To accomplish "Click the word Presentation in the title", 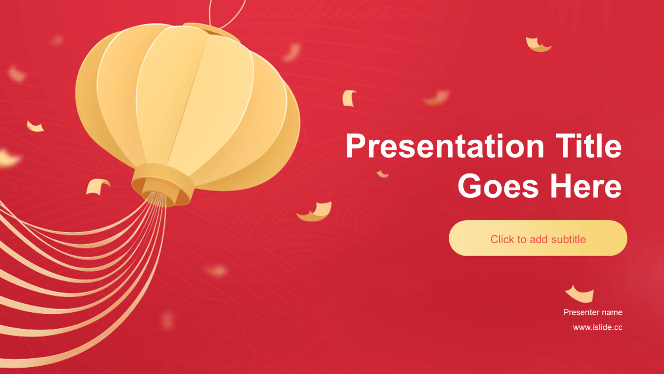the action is [x=445, y=146].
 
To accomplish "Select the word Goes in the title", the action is [x=497, y=186].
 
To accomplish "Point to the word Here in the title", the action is [x=586, y=186].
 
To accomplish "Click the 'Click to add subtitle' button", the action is [x=538, y=238].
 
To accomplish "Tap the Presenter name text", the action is [x=592, y=312].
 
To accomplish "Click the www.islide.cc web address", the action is [x=597, y=327].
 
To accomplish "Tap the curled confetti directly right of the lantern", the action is [x=349, y=98].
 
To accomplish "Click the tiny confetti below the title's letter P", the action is [x=382, y=174].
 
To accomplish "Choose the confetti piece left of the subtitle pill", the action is [x=315, y=211].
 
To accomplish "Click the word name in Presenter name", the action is [x=612, y=313].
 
